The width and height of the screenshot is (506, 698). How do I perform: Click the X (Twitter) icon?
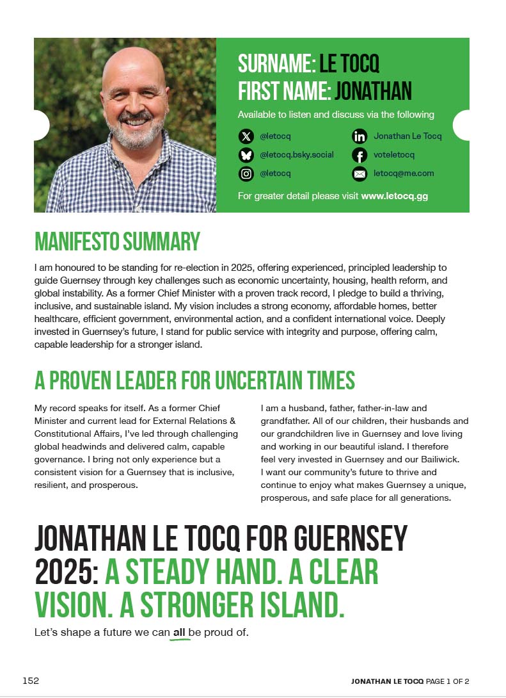pyautogui.click(x=246, y=136)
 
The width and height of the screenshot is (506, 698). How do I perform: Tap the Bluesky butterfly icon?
pyautogui.click(x=246, y=155)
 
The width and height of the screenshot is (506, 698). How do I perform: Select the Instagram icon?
pyautogui.click(x=246, y=174)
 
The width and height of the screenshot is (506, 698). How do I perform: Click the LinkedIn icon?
pyautogui.click(x=360, y=136)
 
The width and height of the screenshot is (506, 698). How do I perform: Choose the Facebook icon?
pyautogui.click(x=360, y=155)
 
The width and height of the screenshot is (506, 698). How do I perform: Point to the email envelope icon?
pyautogui.click(x=360, y=174)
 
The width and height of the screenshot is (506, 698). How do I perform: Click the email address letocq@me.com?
pyautogui.click(x=404, y=174)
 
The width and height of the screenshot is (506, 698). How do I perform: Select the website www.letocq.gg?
pyautogui.click(x=394, y=196)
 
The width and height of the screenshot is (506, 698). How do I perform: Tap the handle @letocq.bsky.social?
pyautogui.click(x=297, y=155)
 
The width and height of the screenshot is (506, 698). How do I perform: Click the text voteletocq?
pyautogui.click(x=394, y=155)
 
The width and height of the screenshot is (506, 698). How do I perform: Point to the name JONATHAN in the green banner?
pyautogui.click(x=373, y=91)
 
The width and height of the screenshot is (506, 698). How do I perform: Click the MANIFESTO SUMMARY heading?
pyautogui.click(x=117, y=242)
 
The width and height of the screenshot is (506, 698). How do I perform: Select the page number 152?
pyautogui.click(x=31, y=681)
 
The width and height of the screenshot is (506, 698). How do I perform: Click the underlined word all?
pyautogui.click(x=179, y=633)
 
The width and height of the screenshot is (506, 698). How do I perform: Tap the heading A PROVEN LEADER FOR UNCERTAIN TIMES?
pyautogui.click(x=194, y=380)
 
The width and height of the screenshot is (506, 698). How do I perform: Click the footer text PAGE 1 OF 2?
pyautogui.click(x=448, y=681)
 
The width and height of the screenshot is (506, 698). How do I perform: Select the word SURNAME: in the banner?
pyautogui.click(x=276, y=64)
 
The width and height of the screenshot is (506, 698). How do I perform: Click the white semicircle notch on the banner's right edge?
pyautogui.click(x=463, y=125)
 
